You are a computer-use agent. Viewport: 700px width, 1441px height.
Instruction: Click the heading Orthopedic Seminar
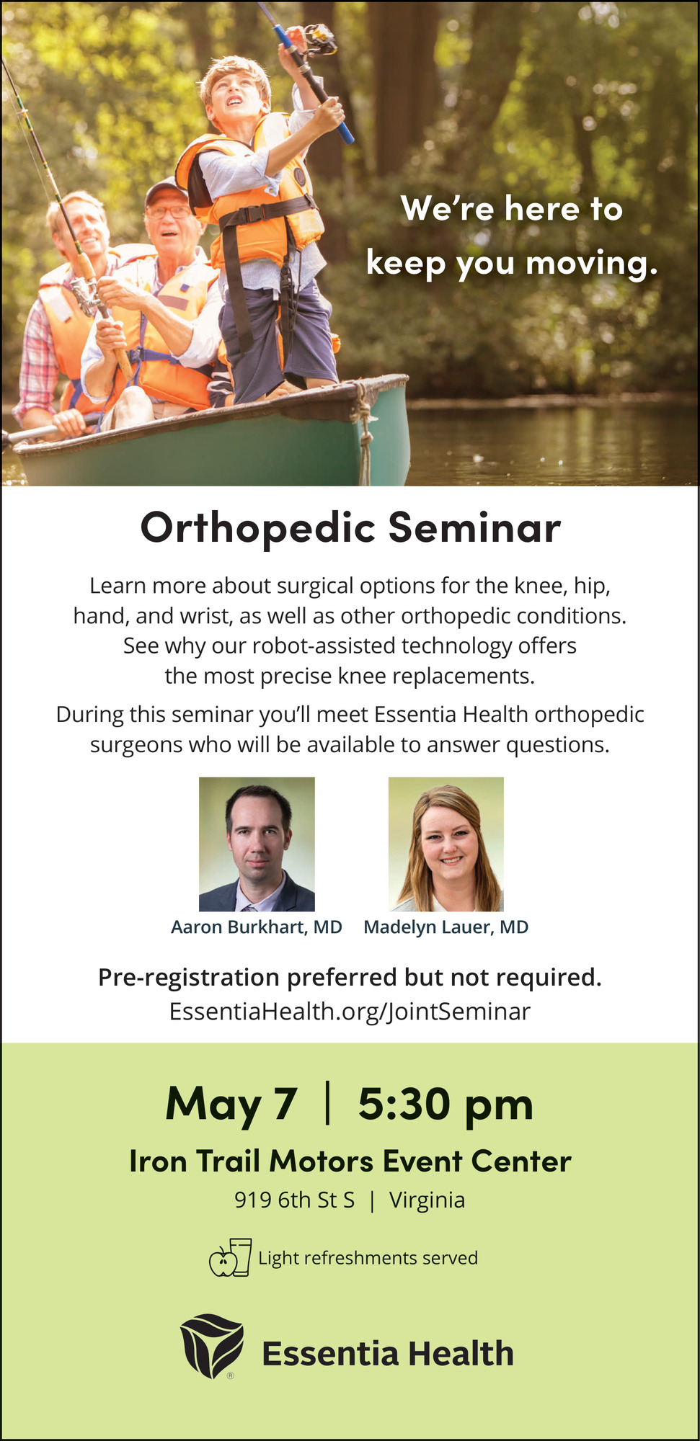click(x=350, y=527)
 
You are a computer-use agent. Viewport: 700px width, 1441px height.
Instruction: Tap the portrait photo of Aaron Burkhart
click(x=257, y=844)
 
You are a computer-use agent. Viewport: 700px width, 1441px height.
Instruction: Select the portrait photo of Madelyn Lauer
click(x=446, y=844)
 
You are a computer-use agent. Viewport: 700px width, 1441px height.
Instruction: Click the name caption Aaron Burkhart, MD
click(x=257, y=927)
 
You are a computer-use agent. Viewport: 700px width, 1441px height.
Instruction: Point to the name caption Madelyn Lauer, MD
click(x=446, y=927)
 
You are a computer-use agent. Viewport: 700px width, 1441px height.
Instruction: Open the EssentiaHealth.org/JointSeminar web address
click(x=350, y=1012)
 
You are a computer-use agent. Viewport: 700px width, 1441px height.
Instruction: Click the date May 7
click(x=231, y=1104)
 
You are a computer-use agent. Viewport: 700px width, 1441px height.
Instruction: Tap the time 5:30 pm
click(x=446, y=1104)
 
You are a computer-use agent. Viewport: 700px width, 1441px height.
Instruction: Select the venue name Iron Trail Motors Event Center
click(x=350, y=1161)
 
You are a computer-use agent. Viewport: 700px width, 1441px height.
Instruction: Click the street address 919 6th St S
click(x=295, y=1200)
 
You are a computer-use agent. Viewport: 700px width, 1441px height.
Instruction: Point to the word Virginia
click(x=427, y=1200)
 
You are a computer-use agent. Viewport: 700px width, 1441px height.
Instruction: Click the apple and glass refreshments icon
click(x=230, y=1257)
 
